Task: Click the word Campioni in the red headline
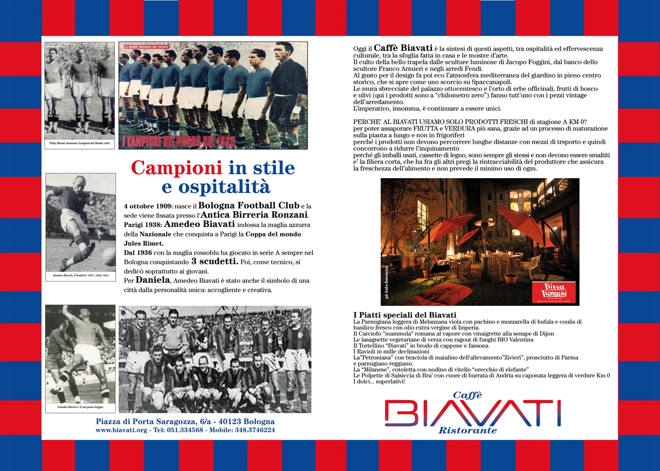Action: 176,168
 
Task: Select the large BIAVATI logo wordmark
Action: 473,414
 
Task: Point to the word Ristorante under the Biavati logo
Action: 467,430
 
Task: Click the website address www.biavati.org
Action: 121,430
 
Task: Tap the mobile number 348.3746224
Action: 255,430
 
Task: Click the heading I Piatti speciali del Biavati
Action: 405,315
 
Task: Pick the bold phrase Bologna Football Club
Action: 249,205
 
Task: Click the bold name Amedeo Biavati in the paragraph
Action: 199,224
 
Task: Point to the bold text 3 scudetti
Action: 215,261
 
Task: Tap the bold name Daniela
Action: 153,280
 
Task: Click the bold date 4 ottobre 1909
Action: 148,206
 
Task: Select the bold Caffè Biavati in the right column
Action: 403,48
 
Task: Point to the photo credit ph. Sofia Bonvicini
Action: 387,282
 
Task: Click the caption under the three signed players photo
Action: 80,143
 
